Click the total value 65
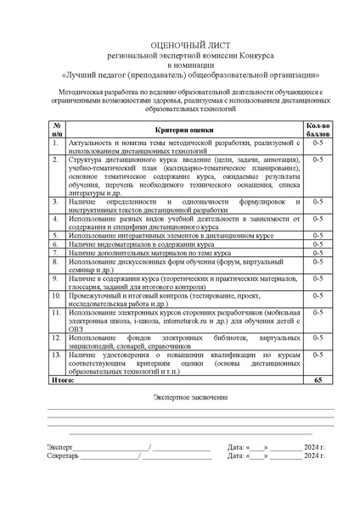[318, 382]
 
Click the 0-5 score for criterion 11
[318, 313]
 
